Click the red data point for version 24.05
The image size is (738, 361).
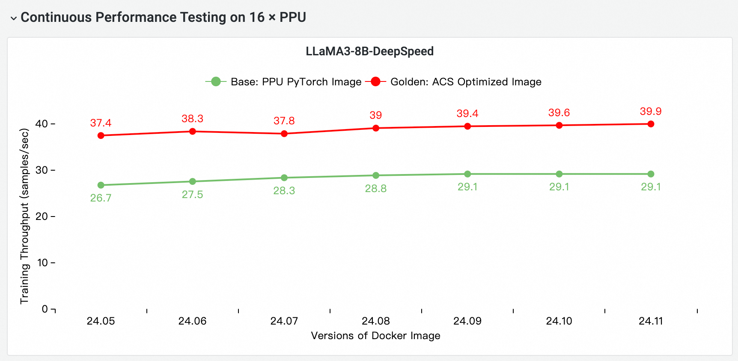tap(101, 135)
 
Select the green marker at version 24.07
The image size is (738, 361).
tap(284, 177)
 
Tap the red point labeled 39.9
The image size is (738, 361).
tap(651, 124)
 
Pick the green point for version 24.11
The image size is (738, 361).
tap(651, 174)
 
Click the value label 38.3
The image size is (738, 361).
tap(192, 119)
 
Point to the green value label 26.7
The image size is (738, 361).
tap(101, 198)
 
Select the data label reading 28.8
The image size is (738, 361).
tap(375, 189)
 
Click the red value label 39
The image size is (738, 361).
tap(375, 115)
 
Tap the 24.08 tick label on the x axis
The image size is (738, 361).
tap(375, 321)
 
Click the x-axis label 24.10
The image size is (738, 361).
tap(559, 321)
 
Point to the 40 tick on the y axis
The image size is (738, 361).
tap(42, 124)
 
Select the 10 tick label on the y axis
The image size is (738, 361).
tap(42, 263)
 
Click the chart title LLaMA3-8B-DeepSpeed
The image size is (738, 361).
tap(369, 51)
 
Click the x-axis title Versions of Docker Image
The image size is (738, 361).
tap(375, 336)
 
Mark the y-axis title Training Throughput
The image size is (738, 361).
tap(24, 216)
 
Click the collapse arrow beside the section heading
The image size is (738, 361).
tap(14, 18)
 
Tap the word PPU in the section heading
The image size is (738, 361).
tap(293, 17)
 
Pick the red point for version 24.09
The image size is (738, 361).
tap(467, 126)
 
